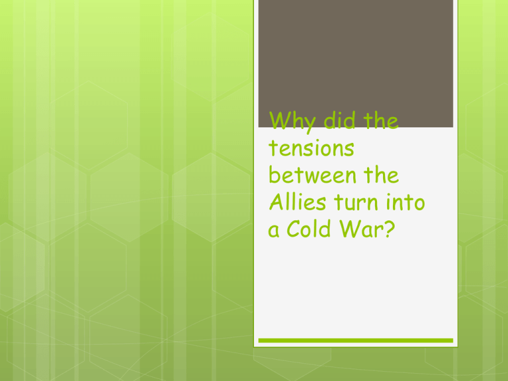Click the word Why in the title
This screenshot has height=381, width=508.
292,122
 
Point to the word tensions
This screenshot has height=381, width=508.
312,148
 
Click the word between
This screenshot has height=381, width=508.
312,175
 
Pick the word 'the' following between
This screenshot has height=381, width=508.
381,175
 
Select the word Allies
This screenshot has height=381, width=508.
298,202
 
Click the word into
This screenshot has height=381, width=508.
405,202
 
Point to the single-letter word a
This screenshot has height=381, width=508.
273,231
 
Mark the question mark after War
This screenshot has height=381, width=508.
390,229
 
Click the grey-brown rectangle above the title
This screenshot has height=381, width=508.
355,63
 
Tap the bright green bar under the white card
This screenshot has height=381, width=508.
355,341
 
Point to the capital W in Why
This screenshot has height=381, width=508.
280,120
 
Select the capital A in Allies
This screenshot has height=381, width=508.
278,202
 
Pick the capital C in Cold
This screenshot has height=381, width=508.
294,229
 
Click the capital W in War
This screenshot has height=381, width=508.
351,229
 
